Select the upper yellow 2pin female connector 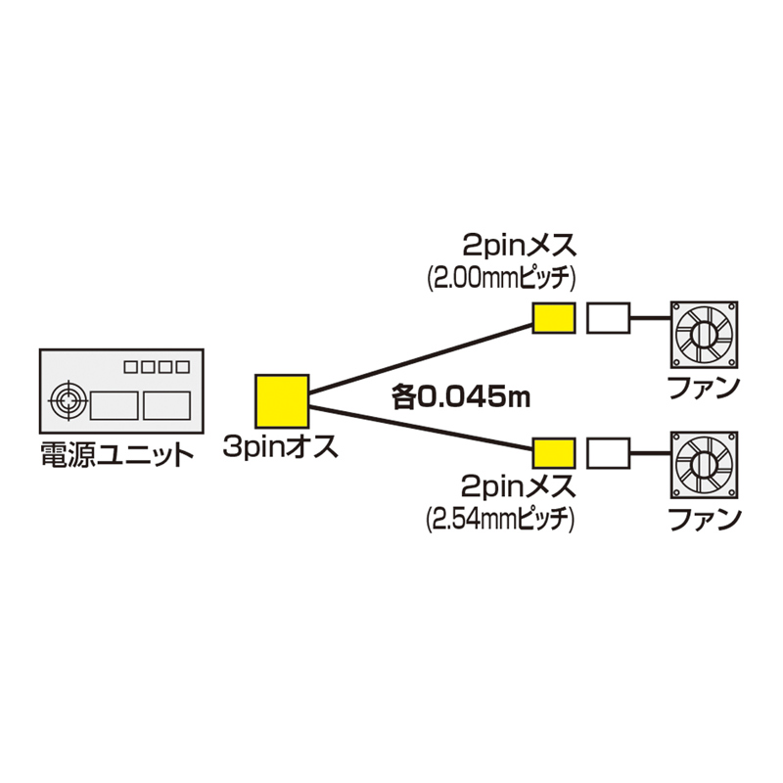click(x=554, y=319)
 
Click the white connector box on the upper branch click(x=608, y=319)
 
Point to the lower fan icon click(x=704, y=465)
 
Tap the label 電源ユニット click(x=116, y=454)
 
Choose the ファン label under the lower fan click(x=703, y=518)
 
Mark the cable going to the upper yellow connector click(x=421, y=356)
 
